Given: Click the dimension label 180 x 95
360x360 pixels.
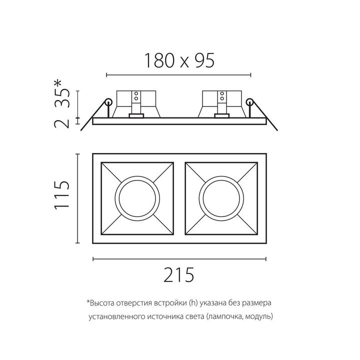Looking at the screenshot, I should click(x=179, y=60).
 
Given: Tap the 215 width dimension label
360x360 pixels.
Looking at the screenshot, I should click(x=179, y=275).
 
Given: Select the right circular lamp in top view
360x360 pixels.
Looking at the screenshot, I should click(x=220, y=196).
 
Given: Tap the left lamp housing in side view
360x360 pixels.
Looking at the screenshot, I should click(x=136, y=103).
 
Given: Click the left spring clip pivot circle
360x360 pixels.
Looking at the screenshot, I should click(x=107, y=103).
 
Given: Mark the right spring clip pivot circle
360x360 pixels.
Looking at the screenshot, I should click(x=250, y=102).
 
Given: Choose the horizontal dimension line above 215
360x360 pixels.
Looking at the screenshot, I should click(x=179, y=258).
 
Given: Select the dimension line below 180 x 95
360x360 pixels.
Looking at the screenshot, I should click(x=178, y=75).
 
